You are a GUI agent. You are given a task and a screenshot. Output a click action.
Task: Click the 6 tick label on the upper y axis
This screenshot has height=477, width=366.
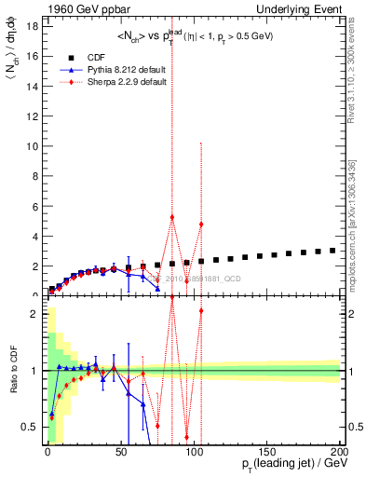tap(34, 206)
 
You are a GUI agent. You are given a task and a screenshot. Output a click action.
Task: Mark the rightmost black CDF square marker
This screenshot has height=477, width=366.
tap(332, 251)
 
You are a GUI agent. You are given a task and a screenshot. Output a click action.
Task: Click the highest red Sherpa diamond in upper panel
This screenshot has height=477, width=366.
tap(172, 217)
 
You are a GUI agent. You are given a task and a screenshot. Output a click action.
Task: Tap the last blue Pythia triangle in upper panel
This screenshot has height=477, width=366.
tap(157, 289)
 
